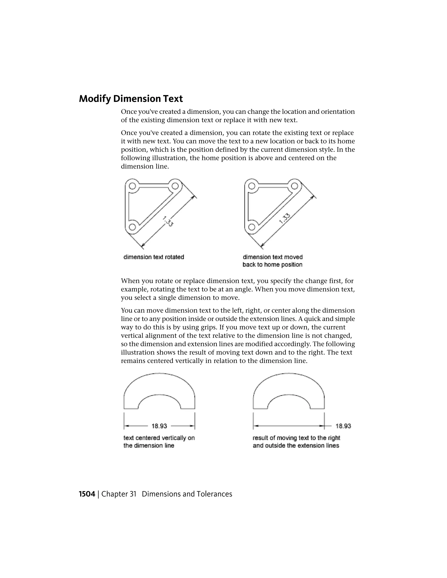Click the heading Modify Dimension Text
(131, 99)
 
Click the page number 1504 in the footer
(87, 494)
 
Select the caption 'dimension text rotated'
(154, 257)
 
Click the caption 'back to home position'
(272, 265)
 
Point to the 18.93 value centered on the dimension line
(159, 426)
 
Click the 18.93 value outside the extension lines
(343, 426)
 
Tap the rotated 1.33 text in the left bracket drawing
(168, 221)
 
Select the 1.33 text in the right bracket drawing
(285, 219)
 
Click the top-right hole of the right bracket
(294, 186)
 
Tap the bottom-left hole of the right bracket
(252, 227)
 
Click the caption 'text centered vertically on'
(159, 438)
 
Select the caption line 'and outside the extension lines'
(296, 445)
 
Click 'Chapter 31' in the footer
(119, 494)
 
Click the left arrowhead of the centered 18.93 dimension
(127, 426)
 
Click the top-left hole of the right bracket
(252, 186)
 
